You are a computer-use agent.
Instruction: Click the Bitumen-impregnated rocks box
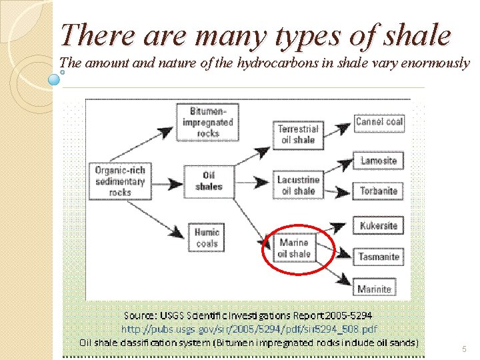coord(207,122)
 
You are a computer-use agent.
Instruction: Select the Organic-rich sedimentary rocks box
coord(119,181)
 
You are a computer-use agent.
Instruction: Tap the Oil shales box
coord(208,181)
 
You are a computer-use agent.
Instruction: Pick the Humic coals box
coord(207,238)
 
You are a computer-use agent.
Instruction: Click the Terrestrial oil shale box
coord(298,134)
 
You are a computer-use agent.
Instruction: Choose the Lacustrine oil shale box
coord(298,185)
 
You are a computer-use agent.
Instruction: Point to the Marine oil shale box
coord(294,249)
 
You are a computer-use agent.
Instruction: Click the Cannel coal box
coord(379,121)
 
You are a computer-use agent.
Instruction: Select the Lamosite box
coord(378,161)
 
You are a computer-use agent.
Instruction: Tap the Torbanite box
coord(378,191)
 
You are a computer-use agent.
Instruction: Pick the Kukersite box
coord(378,225)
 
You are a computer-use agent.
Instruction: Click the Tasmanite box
coord(378,256)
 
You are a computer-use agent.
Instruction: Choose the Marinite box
coord(374,289)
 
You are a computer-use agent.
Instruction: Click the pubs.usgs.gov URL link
coord(249,329)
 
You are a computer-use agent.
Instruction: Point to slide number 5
coord(463,349)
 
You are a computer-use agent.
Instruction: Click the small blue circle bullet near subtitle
coord(54,79)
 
